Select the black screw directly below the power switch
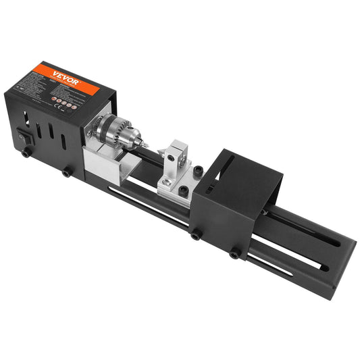coord(25,153)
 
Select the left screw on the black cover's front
coord(196,236)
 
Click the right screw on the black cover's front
coord(234,254)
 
